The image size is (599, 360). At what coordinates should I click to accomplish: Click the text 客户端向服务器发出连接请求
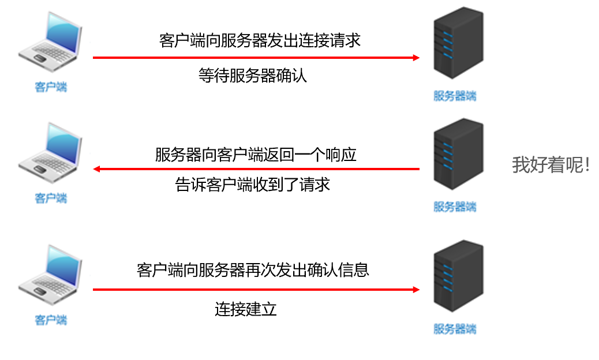coord(260,40)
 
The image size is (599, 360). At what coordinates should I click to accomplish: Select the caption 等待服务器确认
coord(252,76)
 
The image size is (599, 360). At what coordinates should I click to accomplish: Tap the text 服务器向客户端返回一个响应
coord(256,155)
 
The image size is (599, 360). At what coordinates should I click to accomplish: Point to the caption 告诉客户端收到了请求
coord(252,185)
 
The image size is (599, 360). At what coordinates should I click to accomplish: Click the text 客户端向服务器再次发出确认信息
coord(253,270)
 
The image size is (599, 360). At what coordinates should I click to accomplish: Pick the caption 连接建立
coord(246,309)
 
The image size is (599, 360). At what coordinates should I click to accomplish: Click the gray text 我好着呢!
coord(551,165)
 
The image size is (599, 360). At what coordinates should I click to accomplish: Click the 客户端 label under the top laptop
coord(51,87)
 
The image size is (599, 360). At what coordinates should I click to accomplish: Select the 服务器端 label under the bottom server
coord(455,329)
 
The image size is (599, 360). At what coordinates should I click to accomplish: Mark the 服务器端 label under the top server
coord(455,96)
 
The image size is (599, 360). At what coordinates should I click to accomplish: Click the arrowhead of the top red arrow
coord(415,58)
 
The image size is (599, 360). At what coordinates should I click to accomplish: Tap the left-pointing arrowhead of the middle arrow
coord(97,169)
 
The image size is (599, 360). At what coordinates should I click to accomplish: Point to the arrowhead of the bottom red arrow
coord(415,290)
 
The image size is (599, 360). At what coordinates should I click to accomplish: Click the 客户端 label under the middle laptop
coord(51,198)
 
